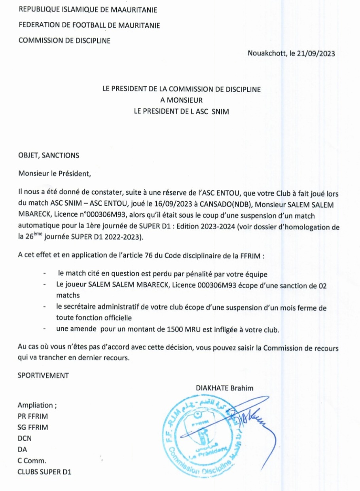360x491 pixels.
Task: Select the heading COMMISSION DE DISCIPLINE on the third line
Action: tap(64, 40)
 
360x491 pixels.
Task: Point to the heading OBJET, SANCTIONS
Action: tap(48, 155)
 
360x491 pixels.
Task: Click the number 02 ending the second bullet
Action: tap(322, 285)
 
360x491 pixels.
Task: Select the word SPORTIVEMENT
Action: tap(43, 375)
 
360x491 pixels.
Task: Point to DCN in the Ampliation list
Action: tap(25, 438)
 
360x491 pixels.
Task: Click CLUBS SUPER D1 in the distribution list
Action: tap(44, 472)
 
